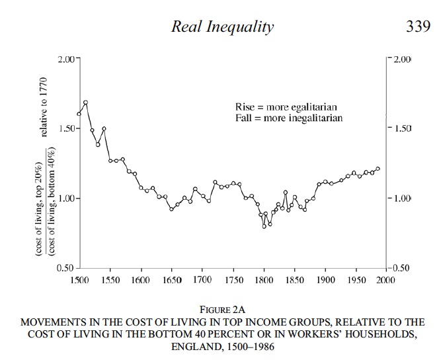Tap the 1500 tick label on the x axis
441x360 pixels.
click(78, 281)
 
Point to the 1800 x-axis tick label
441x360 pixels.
click(264, 281)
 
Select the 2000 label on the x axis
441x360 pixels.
click(385, 281)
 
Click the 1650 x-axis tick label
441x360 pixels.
click(171, 281)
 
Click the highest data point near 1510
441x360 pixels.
click(85, 103)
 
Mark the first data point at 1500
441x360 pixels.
click(79, 114)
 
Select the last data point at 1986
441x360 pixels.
click(378, 169)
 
